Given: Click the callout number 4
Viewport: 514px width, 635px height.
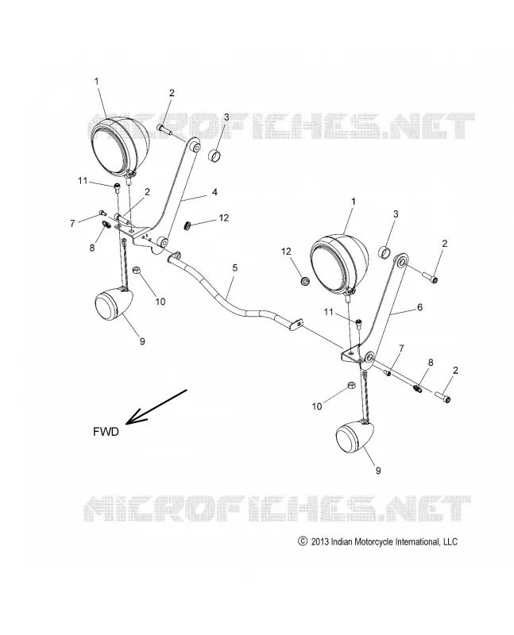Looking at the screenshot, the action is (214, 191).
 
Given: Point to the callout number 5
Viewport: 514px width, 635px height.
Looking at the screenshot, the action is (234, 267).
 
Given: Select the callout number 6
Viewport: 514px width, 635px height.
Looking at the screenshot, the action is (419, 307).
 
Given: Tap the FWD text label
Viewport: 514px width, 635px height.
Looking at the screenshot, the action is (106, 432).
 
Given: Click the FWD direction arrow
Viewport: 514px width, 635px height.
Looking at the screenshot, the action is (156, 407).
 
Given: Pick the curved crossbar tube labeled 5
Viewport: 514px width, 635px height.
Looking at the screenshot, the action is (234, 290).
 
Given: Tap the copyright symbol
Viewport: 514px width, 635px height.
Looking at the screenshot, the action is (302, 541).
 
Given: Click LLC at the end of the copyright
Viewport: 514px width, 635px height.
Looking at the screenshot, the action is (450, 542).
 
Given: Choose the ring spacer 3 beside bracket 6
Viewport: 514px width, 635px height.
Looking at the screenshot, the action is (385, 252).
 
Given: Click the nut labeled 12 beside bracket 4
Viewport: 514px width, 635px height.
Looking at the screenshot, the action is (188, 225).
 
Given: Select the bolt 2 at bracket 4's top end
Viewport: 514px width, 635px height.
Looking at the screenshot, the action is (164, 129).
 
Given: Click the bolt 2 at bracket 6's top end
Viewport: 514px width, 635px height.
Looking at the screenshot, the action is (430, 277).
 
